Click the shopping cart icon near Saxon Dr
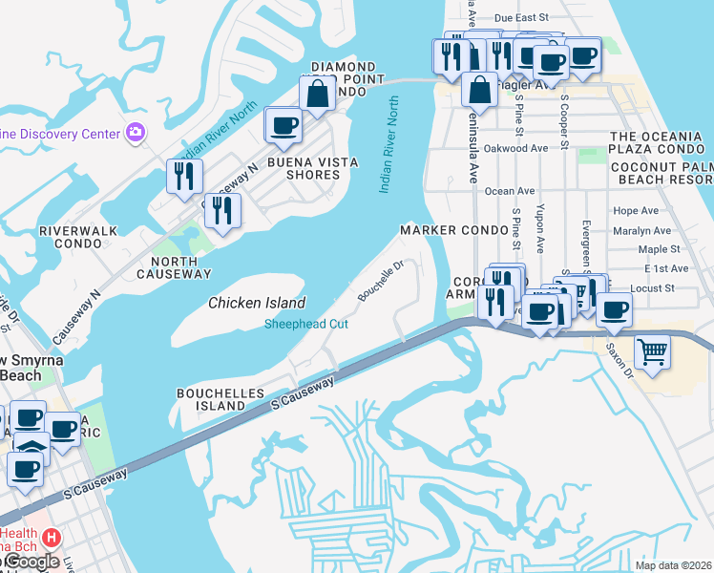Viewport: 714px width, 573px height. pyautogui.click(x=652, y=351)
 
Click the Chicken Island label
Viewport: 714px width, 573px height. pyautogui.click(x=257, y=303)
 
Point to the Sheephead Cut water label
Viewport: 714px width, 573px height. pyautogui.click(x=305, y=324)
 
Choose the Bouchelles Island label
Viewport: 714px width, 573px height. pyautogui.click(x=210, y=399)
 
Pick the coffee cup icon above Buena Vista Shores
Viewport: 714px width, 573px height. pyautogui.click(x=283, y=124)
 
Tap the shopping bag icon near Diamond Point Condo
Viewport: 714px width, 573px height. pyautogui.click(x=317, y=94)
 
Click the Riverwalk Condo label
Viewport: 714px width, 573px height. pyautogui.click(x=71, y=237)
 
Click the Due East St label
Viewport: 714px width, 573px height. pyautogui.click(x=522, y=17)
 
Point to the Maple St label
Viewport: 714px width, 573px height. pyautogui.click(x=658, y=249)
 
